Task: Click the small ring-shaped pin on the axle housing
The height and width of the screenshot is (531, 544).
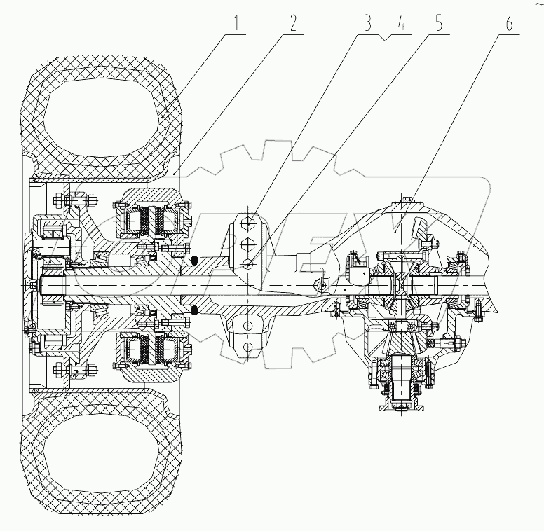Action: (x=321, y=284)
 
